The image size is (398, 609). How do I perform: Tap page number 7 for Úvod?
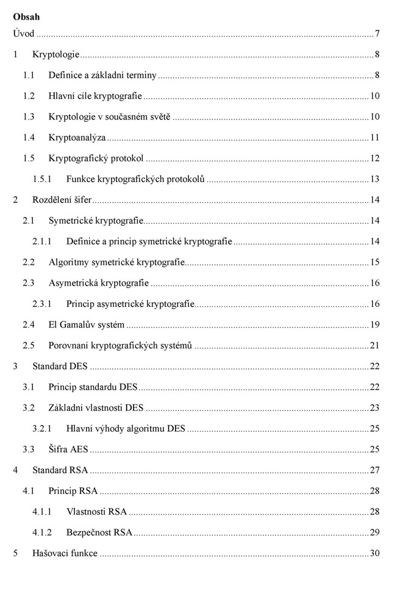point(378,33)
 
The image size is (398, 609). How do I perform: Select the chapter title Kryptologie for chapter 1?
point(56,55)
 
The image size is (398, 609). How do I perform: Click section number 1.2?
point(29,96)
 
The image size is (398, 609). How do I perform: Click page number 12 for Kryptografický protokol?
point(375,158)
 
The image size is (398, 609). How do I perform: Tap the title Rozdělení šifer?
point(62,200)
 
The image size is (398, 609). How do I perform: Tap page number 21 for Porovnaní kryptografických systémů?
point(375,345)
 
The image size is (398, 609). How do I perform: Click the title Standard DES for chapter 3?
point(60,366)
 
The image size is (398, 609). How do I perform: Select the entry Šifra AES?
point(68,449)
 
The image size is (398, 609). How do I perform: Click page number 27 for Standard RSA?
point(375,470)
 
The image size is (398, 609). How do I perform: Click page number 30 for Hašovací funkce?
point(375,553)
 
